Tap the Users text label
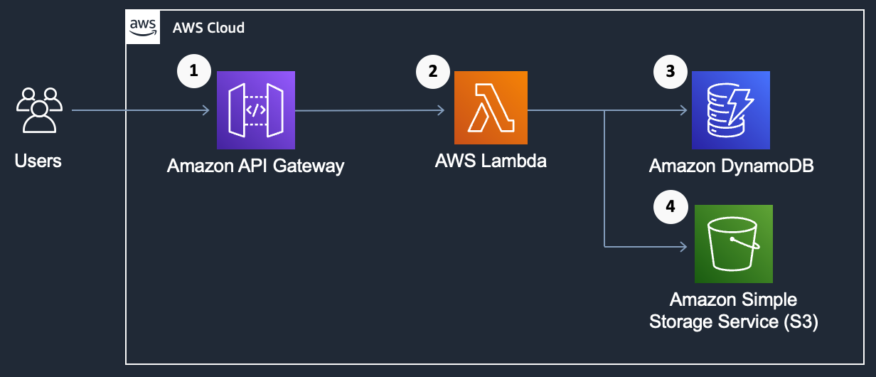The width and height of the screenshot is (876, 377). [x=38, y=161]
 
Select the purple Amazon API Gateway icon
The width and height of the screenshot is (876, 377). [x=255, y=110]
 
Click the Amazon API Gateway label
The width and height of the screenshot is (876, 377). [x=255, y=166]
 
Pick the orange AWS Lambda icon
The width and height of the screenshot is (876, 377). [x=491, y=107]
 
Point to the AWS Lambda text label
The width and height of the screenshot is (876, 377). [x=491, y=161]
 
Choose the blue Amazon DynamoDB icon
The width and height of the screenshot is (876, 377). [x=731, y=110]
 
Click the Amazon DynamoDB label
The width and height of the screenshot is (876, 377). [x=731, y=166]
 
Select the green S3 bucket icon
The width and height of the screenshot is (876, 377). [x=733, y=244]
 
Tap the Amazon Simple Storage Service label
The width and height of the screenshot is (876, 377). [x=733, y=310]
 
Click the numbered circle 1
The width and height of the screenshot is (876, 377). [x=194, y=71]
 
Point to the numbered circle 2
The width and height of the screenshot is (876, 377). [x=433, y=71]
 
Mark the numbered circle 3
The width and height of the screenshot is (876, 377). [x=670, y=71]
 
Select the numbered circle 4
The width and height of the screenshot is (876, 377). [x=670, y=207]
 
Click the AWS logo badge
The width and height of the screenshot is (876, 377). [x=142, y=27]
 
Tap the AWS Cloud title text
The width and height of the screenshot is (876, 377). [x=208, y=28]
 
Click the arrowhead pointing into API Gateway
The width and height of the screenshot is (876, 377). [x=205, y=110]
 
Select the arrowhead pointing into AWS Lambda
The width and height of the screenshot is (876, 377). [x=441, y=110]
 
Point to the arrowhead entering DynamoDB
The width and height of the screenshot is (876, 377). [x=683, y=110]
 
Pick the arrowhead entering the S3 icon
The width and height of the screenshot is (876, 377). [x=683, y=247]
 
